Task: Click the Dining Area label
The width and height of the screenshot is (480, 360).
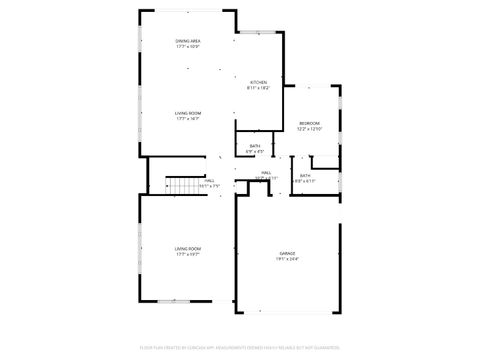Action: pyautogui.click(x=188, y=41)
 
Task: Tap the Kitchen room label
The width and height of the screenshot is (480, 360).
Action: pyautogui.click(x=258, y=82)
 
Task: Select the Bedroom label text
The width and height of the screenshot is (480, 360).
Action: pyautogui.click(x=308, y=123)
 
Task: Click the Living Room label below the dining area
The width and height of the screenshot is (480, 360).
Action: pyautogui.click(x=188, y=113)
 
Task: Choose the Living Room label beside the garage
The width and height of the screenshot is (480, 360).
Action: pyautogui.click(x=188, y=248)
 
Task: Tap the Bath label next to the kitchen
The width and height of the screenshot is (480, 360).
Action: pyautogui.click(x=255, y=146)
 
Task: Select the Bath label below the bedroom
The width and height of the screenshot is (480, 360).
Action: pyautogui.click(x=304, y=176)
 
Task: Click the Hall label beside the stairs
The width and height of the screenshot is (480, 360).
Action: pyautogui.click(x=209, y=181)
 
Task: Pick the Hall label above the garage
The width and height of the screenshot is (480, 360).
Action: pyautogui.click(x=267, y=173)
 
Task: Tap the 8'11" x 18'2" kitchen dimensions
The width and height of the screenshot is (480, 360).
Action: pyautogui.click(x=258, y=88)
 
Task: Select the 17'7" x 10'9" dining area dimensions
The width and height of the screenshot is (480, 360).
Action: pyautogui.click(x=188, y=47)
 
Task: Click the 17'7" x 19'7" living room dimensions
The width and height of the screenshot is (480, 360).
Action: pyautogui.click(x=188, y=254)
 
